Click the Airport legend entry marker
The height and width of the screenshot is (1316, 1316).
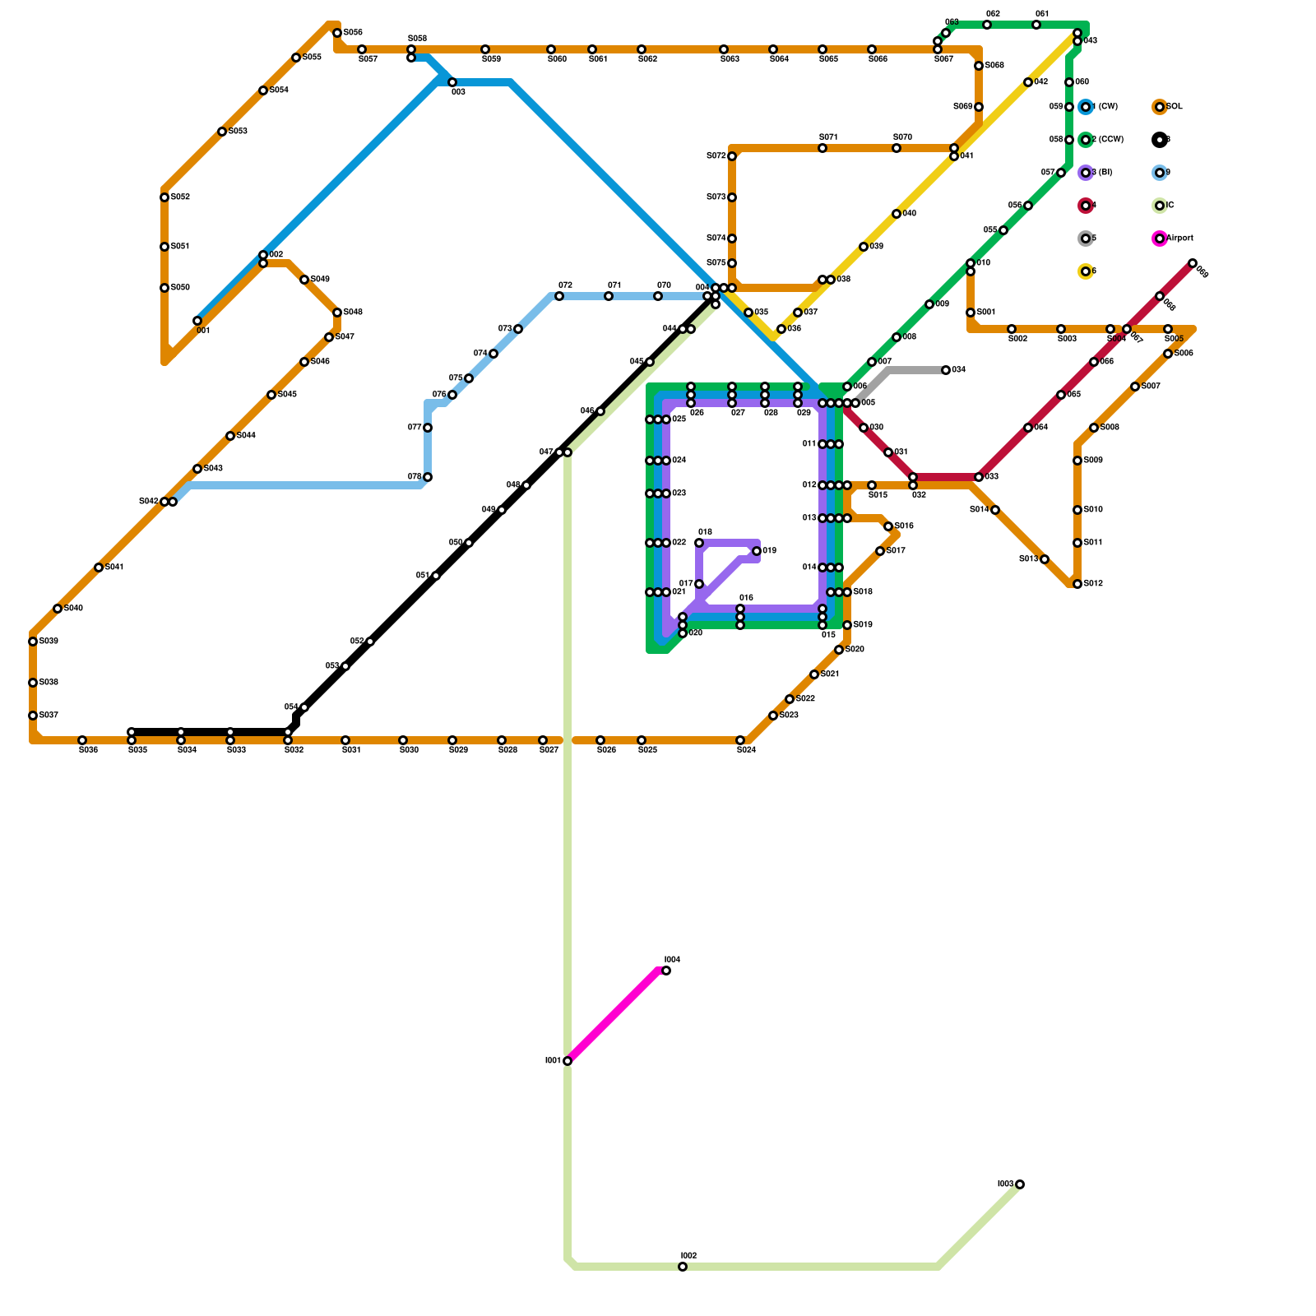1159,239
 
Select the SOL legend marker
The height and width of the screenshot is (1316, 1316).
1159,107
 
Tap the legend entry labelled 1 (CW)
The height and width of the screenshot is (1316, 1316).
1086,107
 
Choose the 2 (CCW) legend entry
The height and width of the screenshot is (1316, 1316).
1086,140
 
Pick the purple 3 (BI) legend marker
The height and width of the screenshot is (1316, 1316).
1086,173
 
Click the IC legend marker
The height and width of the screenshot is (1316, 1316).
1159,206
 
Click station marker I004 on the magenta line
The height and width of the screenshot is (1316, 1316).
666,971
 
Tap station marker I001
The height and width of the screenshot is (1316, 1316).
568,1061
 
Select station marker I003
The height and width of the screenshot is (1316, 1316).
1020,1184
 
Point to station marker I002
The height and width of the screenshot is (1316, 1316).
683,1267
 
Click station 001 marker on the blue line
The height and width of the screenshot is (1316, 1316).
197,321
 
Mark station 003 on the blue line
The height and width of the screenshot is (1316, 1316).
452,82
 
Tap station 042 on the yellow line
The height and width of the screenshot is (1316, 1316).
1028,82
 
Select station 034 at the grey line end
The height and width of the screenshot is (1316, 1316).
946,370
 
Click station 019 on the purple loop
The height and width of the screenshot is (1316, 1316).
757,551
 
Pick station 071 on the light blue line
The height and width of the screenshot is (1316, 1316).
609,296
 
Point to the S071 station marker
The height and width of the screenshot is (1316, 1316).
822,148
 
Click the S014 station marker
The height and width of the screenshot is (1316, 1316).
995,510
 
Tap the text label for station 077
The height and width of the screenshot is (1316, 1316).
415,428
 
